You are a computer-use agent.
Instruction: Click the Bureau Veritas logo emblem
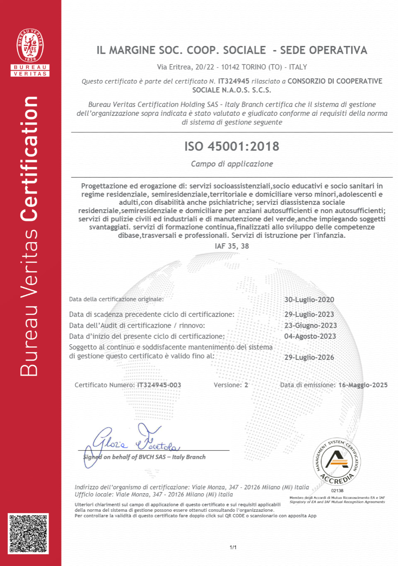30,46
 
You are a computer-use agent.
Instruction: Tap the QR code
28,533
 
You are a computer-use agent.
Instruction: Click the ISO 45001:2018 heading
232,146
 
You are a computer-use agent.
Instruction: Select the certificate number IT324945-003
159,385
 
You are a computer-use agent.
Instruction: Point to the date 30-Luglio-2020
309,300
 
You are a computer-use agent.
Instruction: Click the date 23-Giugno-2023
310,326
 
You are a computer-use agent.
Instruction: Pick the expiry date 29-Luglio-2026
309,357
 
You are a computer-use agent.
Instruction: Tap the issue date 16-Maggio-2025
363,385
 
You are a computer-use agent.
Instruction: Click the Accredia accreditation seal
337,461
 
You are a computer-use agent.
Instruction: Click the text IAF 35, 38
232,246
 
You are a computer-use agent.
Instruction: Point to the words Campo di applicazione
232,164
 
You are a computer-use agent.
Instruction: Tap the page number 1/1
233,547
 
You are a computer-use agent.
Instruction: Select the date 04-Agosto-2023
310,336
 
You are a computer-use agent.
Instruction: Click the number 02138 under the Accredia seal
337,491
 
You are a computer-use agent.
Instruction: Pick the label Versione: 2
231,385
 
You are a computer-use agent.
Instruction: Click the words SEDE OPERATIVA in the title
323,50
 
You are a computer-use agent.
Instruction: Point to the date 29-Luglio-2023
309,314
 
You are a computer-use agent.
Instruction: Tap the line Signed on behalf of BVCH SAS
144,457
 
